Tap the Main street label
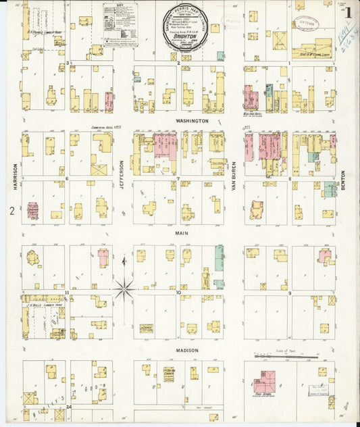tap(182, 233)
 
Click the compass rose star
tap(124, 289)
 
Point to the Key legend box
tap(120, 24)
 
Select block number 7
tap(178, 179)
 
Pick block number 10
tap(178, 293)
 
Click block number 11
tap(68, 293)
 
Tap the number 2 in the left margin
tap(11, 211)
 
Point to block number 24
tap(68, 407)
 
